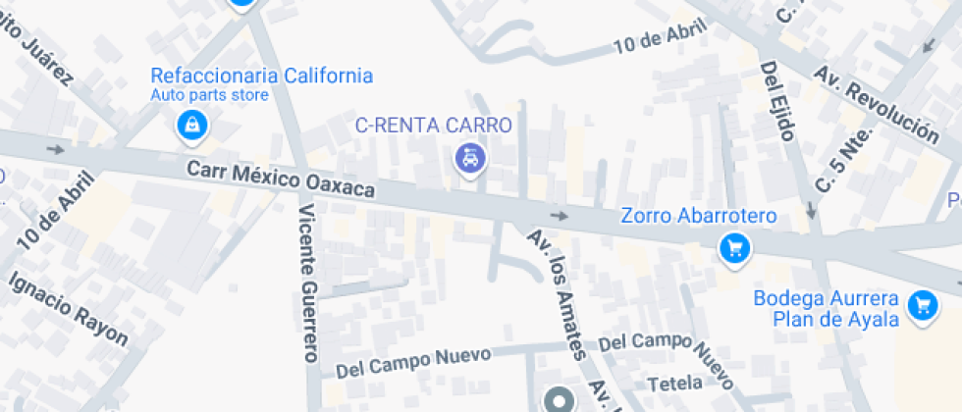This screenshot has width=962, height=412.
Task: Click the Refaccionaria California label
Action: click(261, 76)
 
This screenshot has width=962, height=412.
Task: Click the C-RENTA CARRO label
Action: click(433, 126)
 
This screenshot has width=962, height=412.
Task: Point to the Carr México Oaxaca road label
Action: click(281, 181)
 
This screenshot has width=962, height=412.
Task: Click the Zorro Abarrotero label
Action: click(698, 216)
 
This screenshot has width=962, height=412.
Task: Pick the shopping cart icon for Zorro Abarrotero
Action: click(733, 248)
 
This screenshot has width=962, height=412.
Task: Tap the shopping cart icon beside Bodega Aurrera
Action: click(921, 306)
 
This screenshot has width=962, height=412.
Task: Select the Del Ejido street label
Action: click(776, 101)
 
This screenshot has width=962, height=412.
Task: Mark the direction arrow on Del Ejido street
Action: click(811, 211)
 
